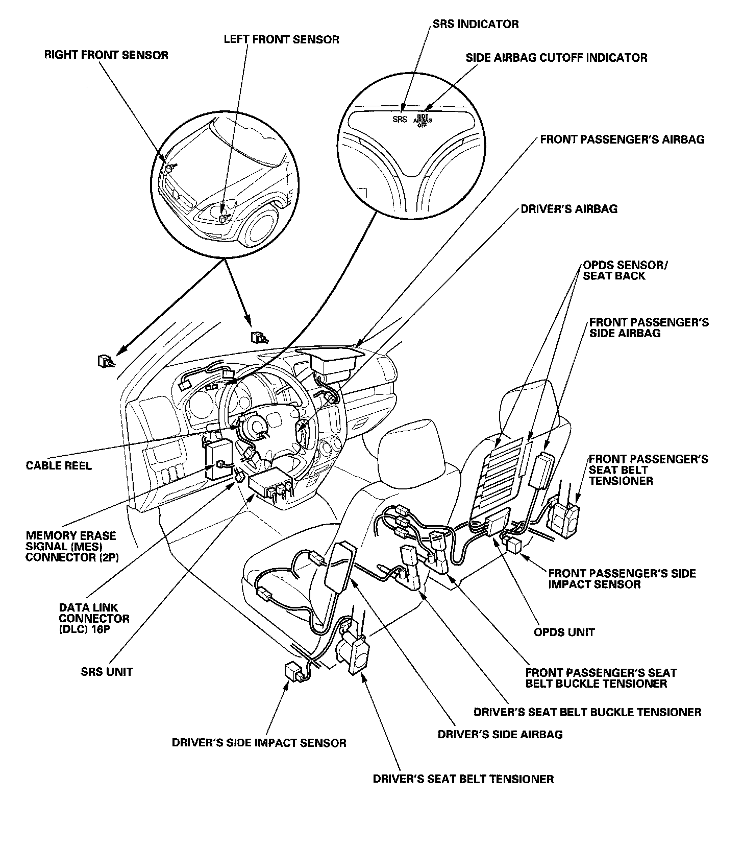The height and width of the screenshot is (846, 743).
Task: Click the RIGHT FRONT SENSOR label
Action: (x=106, y=55)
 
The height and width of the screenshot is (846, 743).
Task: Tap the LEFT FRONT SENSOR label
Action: (x=281, y=39)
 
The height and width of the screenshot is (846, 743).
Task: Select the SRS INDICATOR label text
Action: (x=476, y=24)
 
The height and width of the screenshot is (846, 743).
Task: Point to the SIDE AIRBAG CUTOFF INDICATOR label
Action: (x=556, y=58)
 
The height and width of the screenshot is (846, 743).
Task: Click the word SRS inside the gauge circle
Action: (x=400, y=120)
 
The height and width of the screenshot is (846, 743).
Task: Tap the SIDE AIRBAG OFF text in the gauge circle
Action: (x=422, y=120)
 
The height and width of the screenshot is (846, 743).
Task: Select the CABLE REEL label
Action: (x=59, y=466)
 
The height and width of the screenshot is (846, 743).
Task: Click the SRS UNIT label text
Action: (x=107, y=672)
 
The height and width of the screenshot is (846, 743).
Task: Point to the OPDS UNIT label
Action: (x=564, y=632)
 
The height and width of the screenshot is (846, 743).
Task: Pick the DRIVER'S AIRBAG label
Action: (x=568, y=209)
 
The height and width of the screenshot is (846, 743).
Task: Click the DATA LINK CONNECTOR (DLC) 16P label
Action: (x=94, y=619)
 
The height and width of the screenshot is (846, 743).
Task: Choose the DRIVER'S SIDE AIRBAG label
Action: (x=500, y=735)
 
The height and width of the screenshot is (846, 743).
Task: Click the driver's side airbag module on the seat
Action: (x=338, y=567)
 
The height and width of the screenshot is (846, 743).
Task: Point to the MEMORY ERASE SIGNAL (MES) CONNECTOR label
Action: (x=71, y=547)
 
